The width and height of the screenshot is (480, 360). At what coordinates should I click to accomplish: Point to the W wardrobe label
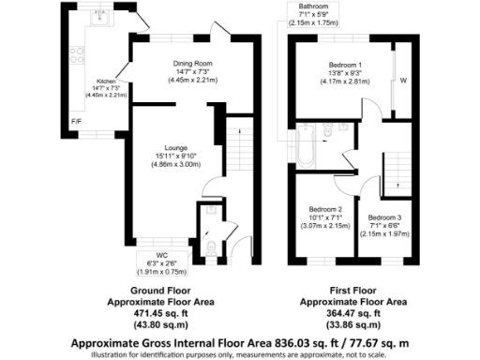tap(404, 80)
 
